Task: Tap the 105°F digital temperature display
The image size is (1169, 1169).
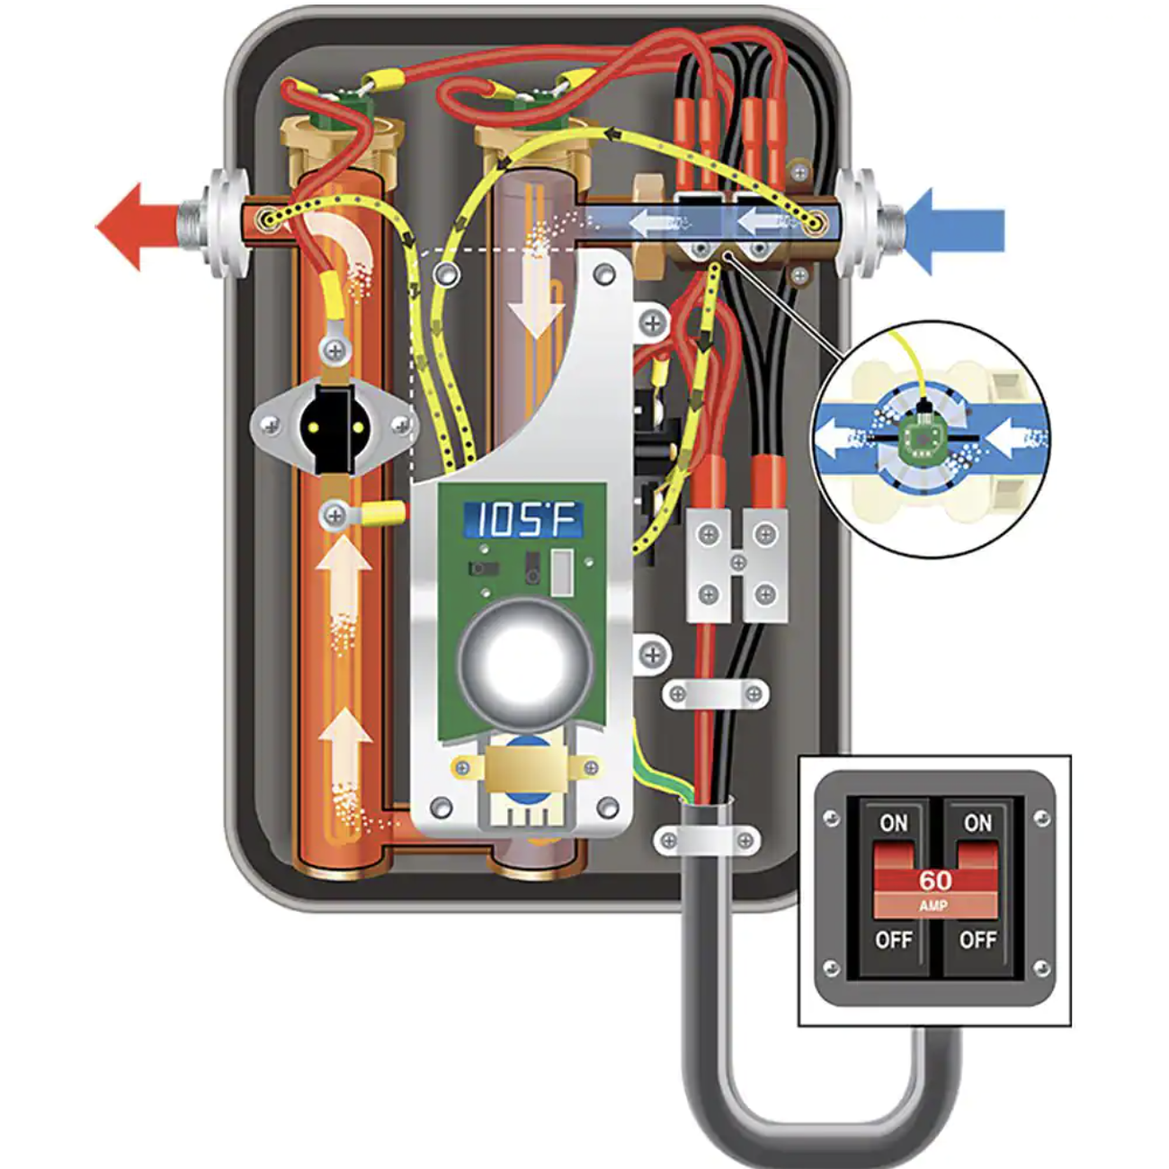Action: tap(522, 520)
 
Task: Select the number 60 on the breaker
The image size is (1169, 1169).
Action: tap(935, 879)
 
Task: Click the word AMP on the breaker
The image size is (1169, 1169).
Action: tap(933, 906)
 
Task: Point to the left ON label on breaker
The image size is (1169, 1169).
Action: tap(893, 823)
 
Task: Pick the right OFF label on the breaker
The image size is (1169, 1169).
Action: tap(977, 940)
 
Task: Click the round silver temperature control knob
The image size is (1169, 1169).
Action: tap(525, 665)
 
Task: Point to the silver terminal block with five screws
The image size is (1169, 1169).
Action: tap(737, 565)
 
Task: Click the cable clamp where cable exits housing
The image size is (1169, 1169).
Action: tap(706, 840)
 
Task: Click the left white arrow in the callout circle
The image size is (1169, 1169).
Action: tap(840, 439)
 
